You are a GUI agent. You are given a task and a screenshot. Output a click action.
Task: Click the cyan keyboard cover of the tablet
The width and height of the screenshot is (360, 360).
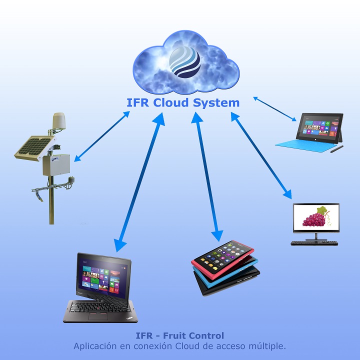tap(302, 145)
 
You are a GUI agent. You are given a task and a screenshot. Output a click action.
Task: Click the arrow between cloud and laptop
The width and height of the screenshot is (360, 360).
tap(138, 183)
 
